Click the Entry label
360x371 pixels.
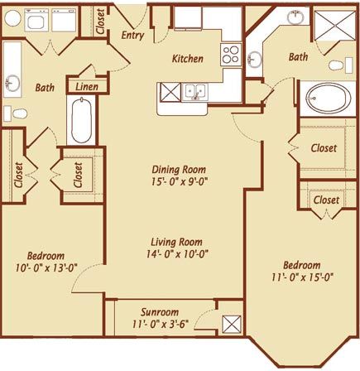(x=132, y=36)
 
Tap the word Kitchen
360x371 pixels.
(x=188, y=59)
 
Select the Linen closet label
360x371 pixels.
(x=87, y=87)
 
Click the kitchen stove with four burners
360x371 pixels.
(x=231, y=55)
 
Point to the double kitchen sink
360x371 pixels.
(x=194, y=92)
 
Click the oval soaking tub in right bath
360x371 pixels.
(x=327, y=98)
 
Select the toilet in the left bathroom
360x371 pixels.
(x=16, y=113)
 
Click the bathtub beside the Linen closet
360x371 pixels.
(x=81, y=120)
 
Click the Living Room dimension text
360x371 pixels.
(x=177, y=253)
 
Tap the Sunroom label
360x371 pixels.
(x=160, y=312)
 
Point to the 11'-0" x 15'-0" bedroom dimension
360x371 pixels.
(x=302, y=277)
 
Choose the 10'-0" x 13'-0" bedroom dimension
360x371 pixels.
(x=46, y=267)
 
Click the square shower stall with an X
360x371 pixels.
(x=335, y=26)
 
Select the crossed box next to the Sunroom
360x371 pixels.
(x=232, y=325)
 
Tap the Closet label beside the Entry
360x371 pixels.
(x=101, y=22)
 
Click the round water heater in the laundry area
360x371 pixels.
(x=12, y=18)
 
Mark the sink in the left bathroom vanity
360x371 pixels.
(x=12, y=83)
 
